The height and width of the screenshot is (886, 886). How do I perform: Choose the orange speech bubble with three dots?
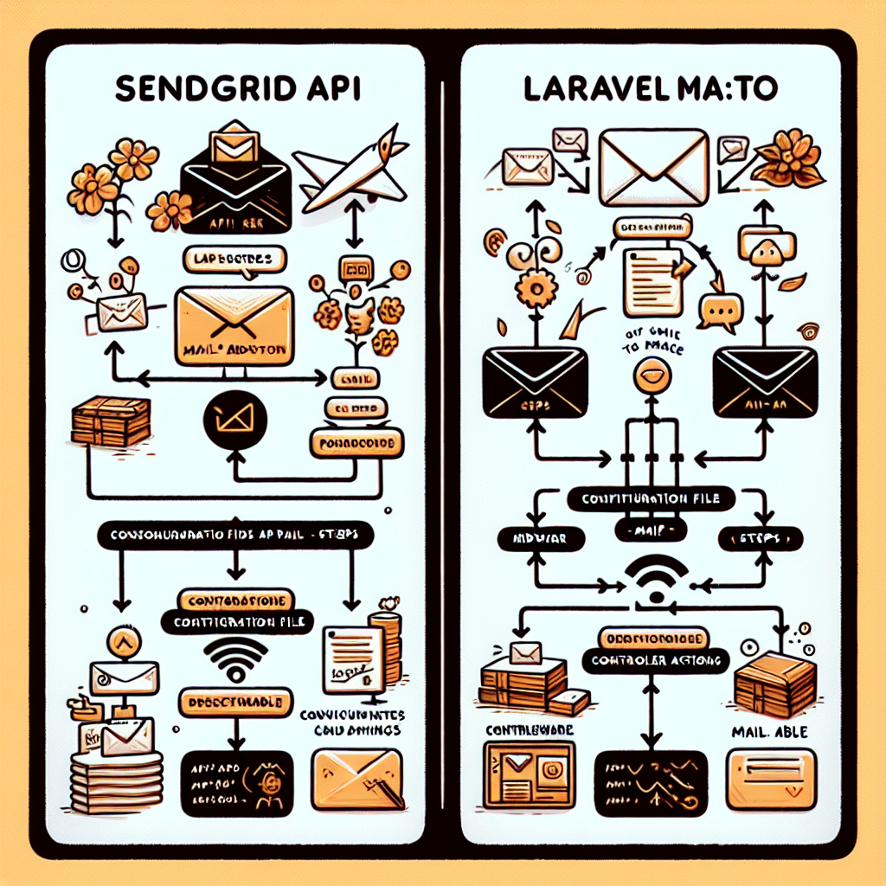(x=721, y=310)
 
